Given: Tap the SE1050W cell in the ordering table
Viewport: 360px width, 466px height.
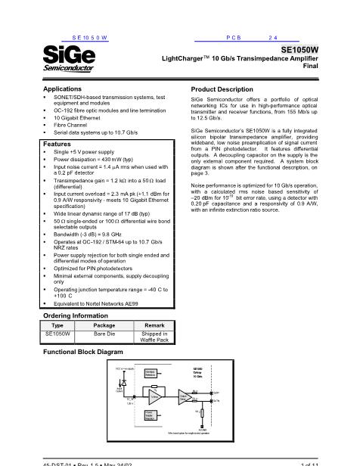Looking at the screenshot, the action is (57, 332).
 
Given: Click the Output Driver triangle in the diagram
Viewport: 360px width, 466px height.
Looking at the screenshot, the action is (187, 396).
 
